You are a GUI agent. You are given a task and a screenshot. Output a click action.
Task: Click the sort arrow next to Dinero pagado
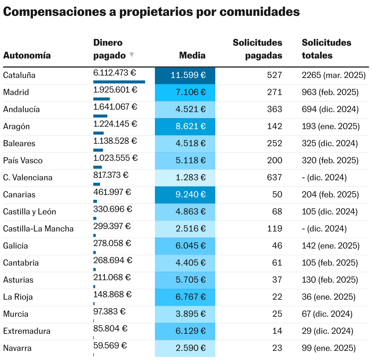click(131, 55)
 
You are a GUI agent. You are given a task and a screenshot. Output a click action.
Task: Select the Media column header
click(192, 55)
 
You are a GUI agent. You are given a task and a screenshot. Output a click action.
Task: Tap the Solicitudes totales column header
click(326, 49)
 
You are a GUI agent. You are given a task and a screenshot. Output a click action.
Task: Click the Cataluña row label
click(19, 75)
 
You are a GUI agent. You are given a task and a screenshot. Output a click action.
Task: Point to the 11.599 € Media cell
click(185, 75)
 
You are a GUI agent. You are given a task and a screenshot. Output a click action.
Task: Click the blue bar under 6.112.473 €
click(119, 82)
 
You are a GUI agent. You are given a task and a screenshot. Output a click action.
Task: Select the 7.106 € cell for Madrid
click(185, 92)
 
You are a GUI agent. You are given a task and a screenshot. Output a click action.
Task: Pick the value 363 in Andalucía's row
click(274, 109)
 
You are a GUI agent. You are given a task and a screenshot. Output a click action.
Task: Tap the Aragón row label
click(16, 126)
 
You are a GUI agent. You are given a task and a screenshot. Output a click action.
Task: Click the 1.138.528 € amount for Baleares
click(115, 141)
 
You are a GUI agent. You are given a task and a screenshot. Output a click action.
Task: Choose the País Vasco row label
click(23, 161)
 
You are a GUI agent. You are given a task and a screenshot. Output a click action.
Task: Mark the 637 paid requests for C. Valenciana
click(274, 178)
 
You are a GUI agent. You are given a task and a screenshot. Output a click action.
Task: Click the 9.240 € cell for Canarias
click(185, 195)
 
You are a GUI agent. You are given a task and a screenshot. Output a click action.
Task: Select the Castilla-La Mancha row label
click(38, 229)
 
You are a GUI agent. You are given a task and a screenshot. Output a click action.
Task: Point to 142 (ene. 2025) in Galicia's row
click(331, 246)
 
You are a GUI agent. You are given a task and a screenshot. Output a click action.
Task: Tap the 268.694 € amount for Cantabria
click(113, 260)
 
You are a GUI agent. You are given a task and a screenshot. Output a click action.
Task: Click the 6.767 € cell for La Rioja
click(185, 297)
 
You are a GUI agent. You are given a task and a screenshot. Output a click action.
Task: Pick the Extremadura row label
click(27, 331)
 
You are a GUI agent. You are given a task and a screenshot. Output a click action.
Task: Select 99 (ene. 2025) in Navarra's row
click(328, 348)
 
